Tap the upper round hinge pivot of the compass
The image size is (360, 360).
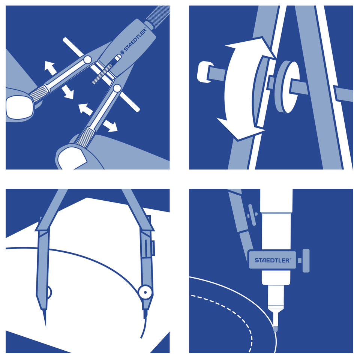click(87, 60)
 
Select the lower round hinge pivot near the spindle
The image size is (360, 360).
click(117, 88)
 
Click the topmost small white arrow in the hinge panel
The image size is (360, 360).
click(50, 67)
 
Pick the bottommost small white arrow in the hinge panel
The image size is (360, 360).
click(111, 126)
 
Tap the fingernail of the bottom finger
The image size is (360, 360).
click(71, 158)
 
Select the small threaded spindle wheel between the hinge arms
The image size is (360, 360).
click(102, 74)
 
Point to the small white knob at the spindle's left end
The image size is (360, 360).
click(204, 72)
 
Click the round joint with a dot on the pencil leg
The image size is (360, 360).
click(145, 292)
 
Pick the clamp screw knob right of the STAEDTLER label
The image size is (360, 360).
click(306, 261)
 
